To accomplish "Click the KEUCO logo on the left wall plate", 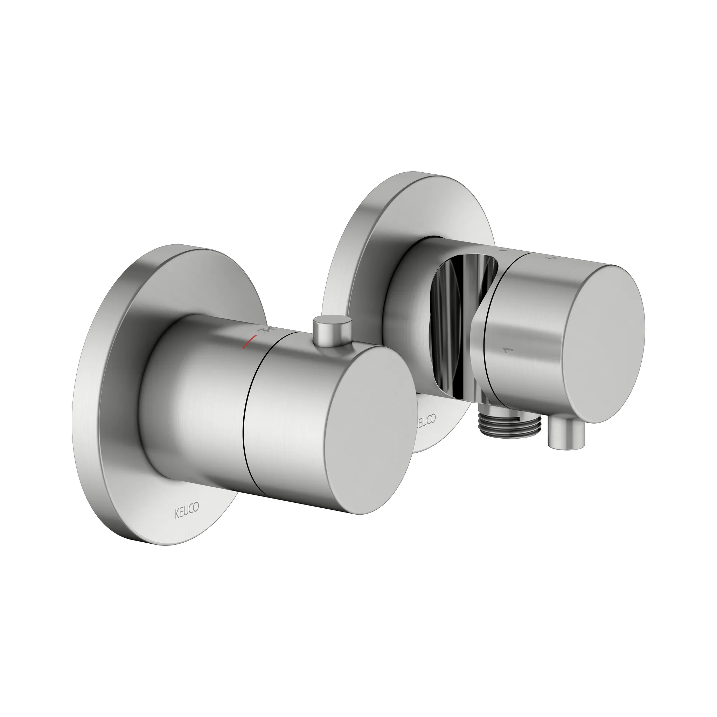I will pyautogui.click(x=187, y=507).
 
